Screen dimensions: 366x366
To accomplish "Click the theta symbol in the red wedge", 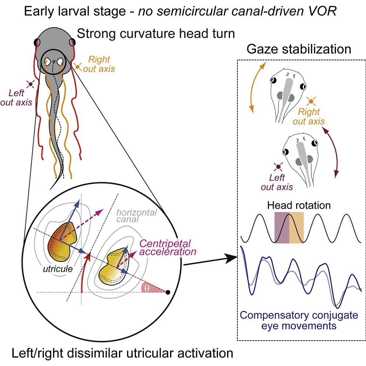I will click(x=147, y=289).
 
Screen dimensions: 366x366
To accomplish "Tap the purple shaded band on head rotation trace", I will click(x=282, y=228).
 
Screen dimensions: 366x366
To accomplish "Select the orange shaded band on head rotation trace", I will click(x=296, y=228).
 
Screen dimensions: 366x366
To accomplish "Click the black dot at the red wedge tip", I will click(x=168, y=293).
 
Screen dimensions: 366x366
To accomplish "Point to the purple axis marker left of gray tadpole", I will click(x=278, y=167).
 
